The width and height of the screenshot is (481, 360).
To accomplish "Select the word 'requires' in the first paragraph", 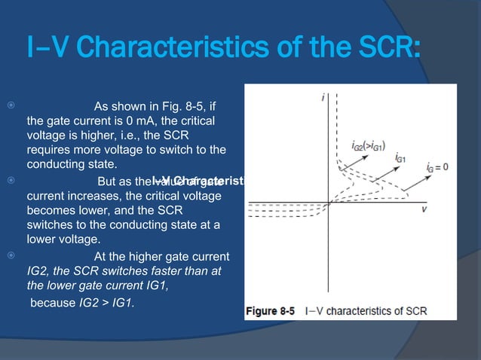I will click(49, 150).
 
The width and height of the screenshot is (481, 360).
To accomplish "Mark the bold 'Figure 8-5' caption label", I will click(272, 310).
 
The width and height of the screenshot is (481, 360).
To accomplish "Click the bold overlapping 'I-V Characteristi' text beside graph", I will click(198, 181).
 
